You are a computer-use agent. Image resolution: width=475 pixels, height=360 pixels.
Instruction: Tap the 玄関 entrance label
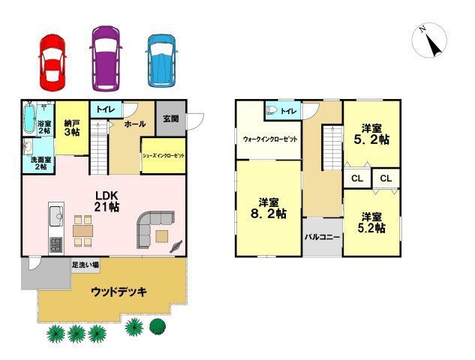170,119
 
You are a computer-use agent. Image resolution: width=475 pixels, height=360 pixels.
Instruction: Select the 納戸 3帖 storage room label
72,128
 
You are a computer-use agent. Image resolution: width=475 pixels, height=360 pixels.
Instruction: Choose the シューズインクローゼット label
163,155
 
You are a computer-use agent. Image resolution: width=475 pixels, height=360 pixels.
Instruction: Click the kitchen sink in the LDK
56,218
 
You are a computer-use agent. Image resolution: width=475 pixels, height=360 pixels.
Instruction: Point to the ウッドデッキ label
119,291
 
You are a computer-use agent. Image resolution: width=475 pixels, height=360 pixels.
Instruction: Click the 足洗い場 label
86,265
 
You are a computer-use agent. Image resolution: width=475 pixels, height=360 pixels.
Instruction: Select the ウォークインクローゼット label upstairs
269,139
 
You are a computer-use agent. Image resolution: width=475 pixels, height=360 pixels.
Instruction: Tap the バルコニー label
323,237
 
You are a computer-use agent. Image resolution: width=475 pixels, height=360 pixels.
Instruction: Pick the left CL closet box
357,178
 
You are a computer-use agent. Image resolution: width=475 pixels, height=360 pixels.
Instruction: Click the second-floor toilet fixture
273,111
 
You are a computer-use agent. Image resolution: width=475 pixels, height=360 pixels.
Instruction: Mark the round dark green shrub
158,325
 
